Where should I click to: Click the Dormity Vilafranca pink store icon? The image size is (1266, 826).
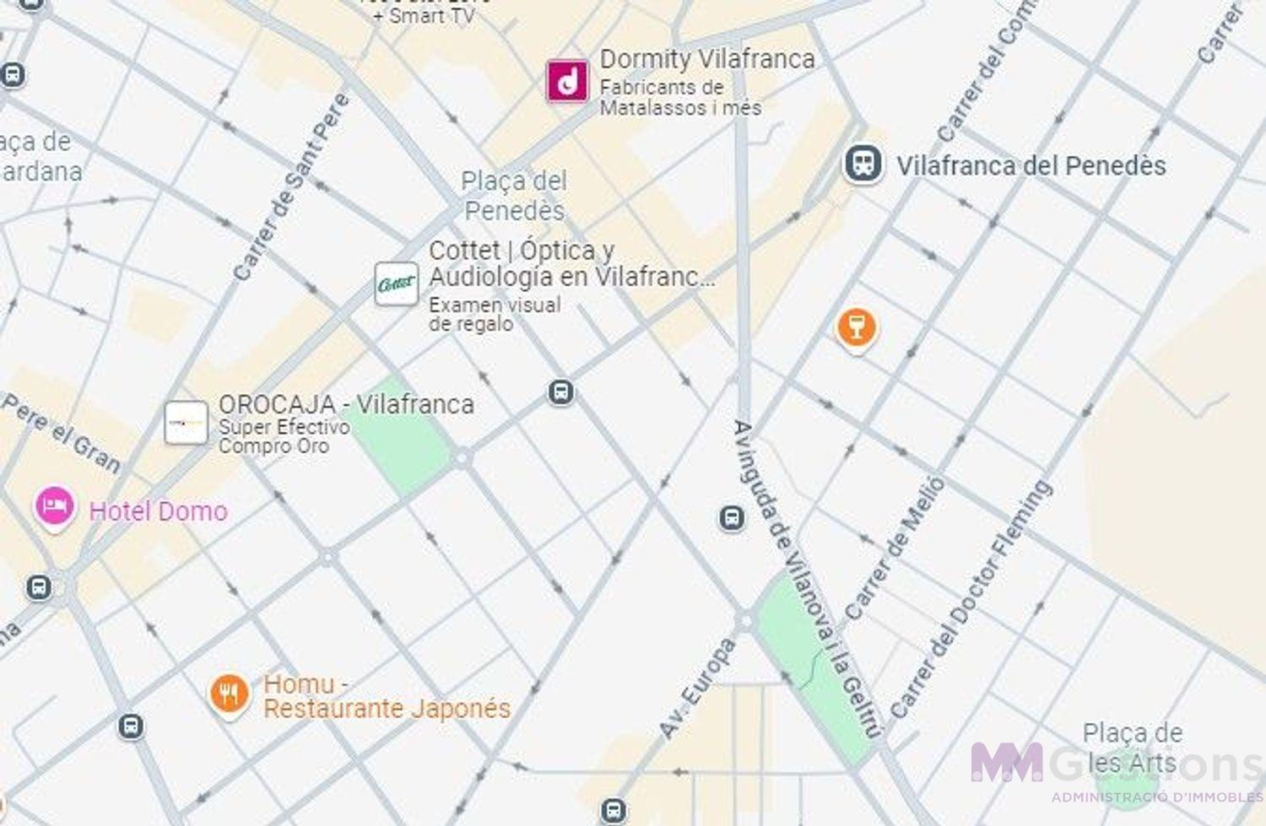(567, 81)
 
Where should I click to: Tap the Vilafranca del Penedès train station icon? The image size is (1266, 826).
(863, 164)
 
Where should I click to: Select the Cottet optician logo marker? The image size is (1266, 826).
(396, 283)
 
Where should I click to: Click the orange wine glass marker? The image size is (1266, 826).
(856, 327)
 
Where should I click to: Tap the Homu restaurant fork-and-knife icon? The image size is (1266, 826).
(229, 694)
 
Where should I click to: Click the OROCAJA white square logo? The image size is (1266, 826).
(186, 423)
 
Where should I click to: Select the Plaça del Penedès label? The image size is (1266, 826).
(514, 195)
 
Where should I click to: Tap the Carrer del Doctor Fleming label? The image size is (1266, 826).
(971, 600)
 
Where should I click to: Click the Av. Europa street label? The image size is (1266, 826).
(696, 688)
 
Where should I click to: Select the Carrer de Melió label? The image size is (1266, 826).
(894, 548)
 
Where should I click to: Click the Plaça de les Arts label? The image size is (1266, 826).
(1131, 748)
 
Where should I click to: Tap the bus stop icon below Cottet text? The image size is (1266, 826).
(560, 392)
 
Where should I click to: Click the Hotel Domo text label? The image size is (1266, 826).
(158, 511)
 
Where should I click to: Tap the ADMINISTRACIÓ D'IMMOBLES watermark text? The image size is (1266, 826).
(1156, 797)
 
